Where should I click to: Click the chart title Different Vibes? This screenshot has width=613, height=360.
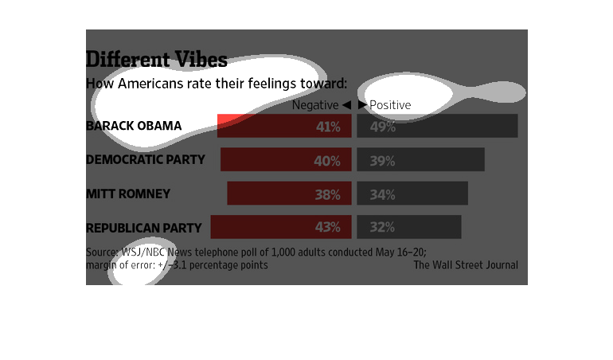pyautogui.click(x=156, y=60)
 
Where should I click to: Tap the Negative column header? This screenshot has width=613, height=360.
pyautogui.click(x=315, y=105)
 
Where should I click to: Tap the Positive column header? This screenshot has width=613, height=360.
pyautogui.click(x=390, y=105)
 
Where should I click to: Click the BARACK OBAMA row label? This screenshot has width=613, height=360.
pyautogui.click(x=134, y=126)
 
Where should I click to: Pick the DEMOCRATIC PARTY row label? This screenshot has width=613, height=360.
pyautogui.click(x=145, y=160)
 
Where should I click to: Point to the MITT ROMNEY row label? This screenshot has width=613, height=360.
pyautogui.click(x=127, y=194)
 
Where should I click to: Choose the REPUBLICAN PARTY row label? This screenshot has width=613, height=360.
pyautogui.click(x=143, y=228)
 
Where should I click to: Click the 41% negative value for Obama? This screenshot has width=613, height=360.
pyautogui.click(x=328, y=127)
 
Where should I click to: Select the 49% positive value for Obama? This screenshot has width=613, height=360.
pyautogui.click(x=383, y=127)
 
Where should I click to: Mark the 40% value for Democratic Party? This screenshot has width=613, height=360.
pyautogui.click(x=327, y=161)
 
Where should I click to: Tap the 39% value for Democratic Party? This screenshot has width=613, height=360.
pyautogui.click(x=382, y=161)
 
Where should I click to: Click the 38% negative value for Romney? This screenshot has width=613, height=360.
pyautogui.click(x=327, y=194)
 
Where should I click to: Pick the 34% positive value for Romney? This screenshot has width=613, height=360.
pyautogui.click(x=382, y=194)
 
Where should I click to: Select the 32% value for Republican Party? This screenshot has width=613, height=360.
pyautogui.click(x=382, y=228)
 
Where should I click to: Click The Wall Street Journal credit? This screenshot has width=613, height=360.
pyautogui.click(x=465, y=265)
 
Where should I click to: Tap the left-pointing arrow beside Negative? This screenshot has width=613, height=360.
pyautogui.click(x=346, y=105)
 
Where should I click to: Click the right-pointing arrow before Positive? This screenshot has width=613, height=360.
pyautogui.click(x=362, y=105)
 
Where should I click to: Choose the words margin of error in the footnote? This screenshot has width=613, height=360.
pyautogui.click(x=120, y=265)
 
